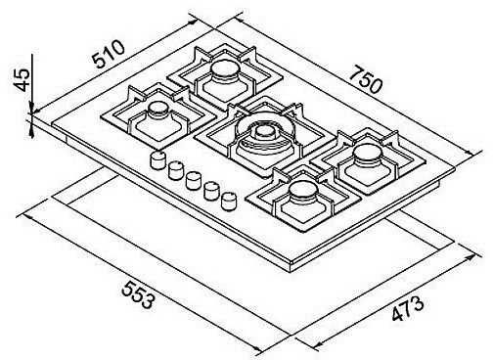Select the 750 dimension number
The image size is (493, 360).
pyautogui.click(x=366, y=79)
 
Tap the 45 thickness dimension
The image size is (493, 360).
pyautogui.click(x=22, y=80)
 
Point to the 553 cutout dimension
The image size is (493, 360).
pyautogui.click(x=138, y=295)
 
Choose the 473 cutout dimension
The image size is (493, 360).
pyautogui.click(x=408, y=308)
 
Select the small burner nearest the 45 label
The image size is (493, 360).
pyautogui.click(x=158, y=111)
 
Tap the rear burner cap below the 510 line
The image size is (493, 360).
pyautogui.click(x=226, y=71)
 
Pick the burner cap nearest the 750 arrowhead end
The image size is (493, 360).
pyautogui.click(x=368, y=155)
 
